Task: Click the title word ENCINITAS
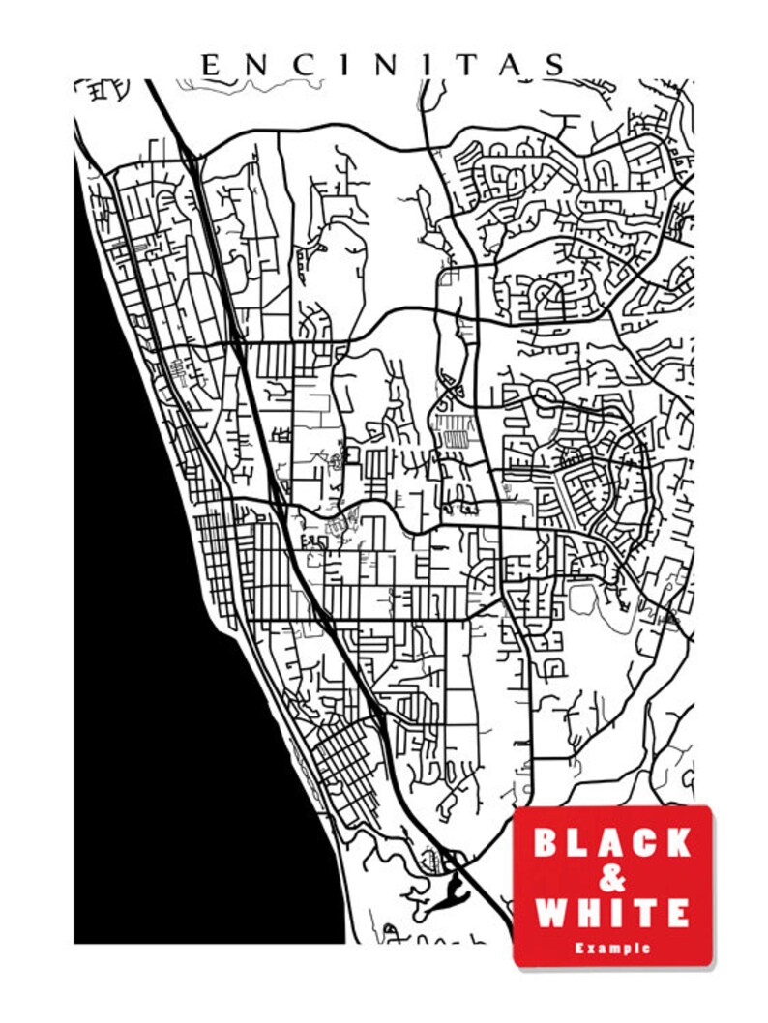pyautogui.click(x=383, y=65)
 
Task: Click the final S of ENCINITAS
pyautogui.click(x=554, y=65)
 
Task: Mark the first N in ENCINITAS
pyautogui.click(x=254, y=65)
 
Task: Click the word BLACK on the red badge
pyautogui.click(x=612, y=842)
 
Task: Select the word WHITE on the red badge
pyautogui.click(x=612, y=912)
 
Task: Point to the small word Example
pyautogui.click(x=612, y=948)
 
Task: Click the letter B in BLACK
pyautogui.click(x=547, y=842)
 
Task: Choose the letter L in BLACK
pyautogui.click(x=580, y=842)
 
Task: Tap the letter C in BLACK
pyautogui.click(x=645, y=842)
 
